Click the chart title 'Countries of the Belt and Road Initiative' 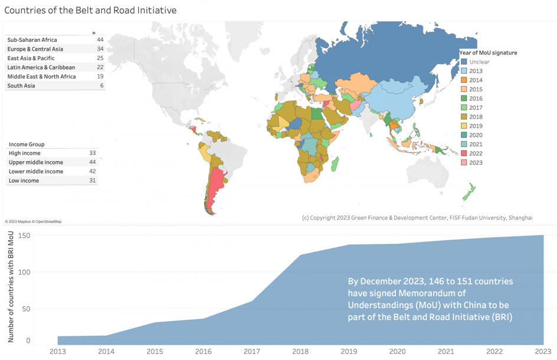coord(90,10)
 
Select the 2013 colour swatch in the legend coord(464,71)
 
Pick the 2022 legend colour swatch coord(464,153)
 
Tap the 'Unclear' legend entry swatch coord(464,62)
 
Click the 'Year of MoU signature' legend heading coord(488,53)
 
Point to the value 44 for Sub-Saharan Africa coord(100,40)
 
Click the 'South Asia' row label coord(21,86)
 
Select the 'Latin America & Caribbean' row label coord(41,67)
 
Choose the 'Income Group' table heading coord(27,144)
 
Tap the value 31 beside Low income coord(92,181)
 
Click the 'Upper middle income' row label coord(35,162)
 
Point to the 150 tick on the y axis coord(24,236)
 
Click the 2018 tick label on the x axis coord(300,352)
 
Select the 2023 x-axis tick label coord(543,352)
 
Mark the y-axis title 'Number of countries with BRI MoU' coord(11,287)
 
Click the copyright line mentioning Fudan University coord(417,218)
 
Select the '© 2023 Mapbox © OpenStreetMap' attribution coord(33,222)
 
